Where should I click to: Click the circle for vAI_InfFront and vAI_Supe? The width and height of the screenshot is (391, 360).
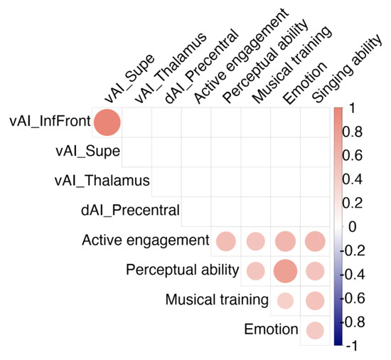(108, 122)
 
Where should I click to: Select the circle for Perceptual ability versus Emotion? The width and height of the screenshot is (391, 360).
(285, 271)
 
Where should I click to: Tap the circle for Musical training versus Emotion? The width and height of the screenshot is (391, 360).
(285, 301)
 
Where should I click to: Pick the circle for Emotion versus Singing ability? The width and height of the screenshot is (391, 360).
(315, 331)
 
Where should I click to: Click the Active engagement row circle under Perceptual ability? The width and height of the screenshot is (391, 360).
(225, 241)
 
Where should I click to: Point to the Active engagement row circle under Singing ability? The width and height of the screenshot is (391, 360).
(315, 241)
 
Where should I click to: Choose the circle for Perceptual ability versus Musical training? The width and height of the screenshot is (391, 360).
(255, 271)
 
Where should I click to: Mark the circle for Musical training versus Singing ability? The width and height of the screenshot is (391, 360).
(315, 301)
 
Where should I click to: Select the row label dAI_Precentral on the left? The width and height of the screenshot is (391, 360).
(130, 211)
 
